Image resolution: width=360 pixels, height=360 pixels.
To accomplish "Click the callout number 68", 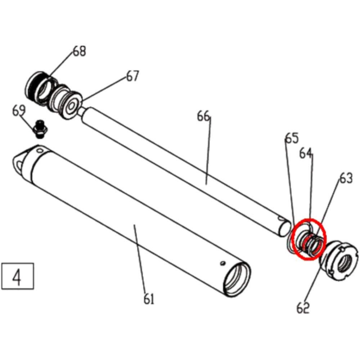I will [80, 51].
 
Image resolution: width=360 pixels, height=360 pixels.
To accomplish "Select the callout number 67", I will [132, 76].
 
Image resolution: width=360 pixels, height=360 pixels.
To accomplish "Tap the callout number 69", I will [19, 110].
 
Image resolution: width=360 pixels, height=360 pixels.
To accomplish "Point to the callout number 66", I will [203, 116].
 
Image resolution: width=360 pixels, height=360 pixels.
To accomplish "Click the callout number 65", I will [292, 138].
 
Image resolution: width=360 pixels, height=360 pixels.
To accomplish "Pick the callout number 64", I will [306, 154].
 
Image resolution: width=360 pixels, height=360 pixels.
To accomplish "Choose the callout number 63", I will [346, 178].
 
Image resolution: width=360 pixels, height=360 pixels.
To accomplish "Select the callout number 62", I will [303, 308].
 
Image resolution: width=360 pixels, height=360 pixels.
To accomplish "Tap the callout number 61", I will [149, 299].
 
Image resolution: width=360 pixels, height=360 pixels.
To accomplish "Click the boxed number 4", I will [17, 276].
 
